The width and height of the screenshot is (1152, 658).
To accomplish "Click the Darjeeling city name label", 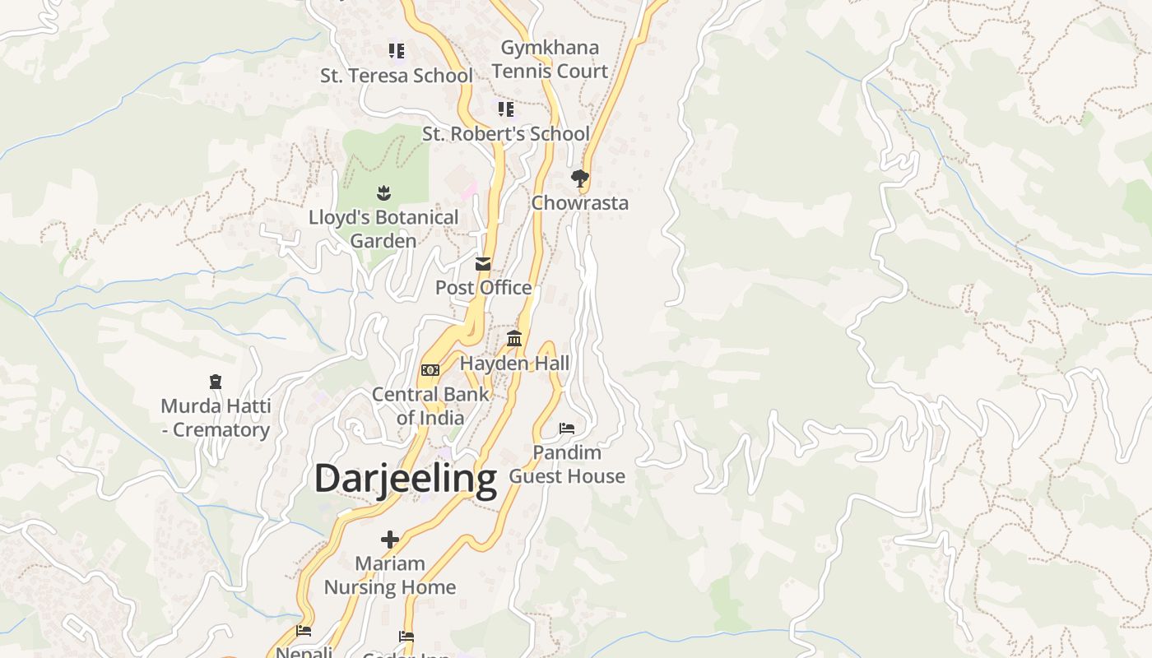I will tap(406, 478).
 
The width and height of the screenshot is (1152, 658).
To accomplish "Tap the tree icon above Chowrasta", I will tap(580, 178).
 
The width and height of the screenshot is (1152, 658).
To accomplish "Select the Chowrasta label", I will tap(580, 203).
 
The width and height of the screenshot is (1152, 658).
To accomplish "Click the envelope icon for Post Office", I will tap(483, 263).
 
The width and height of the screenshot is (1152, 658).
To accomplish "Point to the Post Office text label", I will tap(483, 288).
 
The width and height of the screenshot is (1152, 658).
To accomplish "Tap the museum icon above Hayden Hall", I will tap(514, 338).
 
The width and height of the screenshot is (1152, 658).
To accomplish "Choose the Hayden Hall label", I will tap(514, 363).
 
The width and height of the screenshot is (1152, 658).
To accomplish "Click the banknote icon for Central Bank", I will tap(430, 370).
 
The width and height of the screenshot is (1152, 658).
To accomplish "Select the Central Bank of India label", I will tap(430, 405).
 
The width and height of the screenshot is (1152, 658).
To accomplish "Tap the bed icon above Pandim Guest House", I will tap(567, 428).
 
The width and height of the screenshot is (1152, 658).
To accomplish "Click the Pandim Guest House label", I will tap(567, 464).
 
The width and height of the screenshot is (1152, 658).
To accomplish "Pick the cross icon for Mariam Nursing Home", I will tap(390, 540).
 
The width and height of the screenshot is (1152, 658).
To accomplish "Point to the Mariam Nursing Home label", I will tap(390, 575).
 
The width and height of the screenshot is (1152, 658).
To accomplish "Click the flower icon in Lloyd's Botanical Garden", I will tap(383, 193).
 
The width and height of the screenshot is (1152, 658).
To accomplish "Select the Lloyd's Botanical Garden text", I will tap(383, 229).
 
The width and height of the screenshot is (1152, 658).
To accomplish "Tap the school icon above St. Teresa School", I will tap(397, 51).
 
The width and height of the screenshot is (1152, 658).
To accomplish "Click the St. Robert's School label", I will tap(506, 133).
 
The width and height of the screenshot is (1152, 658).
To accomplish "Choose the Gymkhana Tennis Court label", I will tap(550, 59).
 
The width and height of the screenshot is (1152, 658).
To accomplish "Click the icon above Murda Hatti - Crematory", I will tap(216, 382).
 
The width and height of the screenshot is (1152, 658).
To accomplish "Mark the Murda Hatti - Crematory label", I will tap(216, 418).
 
